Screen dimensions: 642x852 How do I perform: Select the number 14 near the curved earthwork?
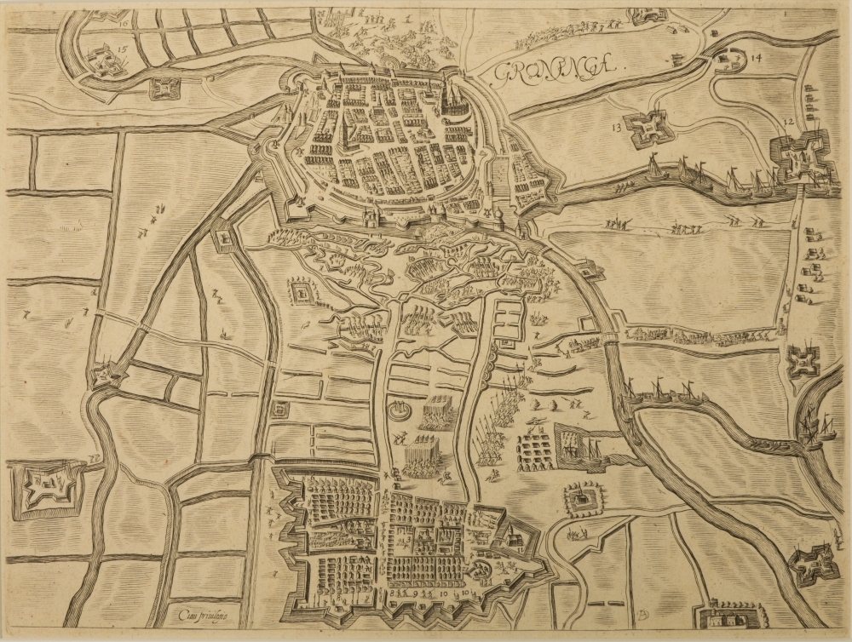click(756, 59)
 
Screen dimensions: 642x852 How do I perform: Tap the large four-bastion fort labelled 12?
click(799, 158)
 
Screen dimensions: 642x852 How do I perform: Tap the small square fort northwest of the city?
click(165, 88)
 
